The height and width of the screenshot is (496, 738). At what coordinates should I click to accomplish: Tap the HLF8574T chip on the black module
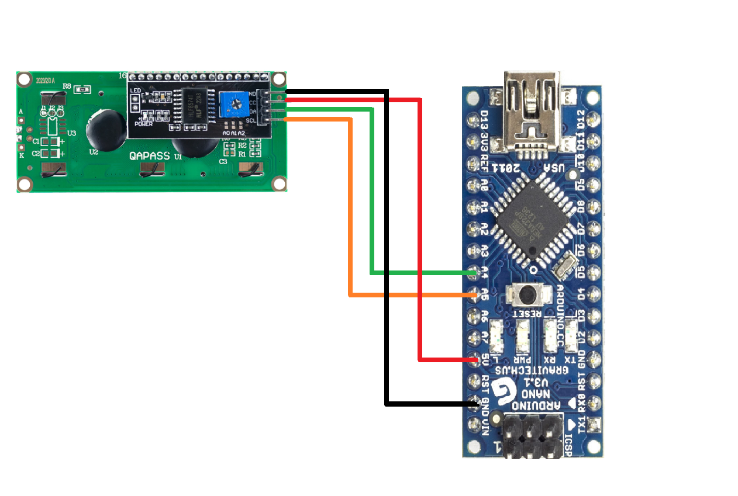pyautogui.click(x=192, y=105)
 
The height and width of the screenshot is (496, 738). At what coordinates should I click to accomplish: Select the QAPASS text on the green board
pyautogui.click(x=149, y=156)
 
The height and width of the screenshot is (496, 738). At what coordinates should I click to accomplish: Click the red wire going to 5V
pyautogui.click(x=420, y=234)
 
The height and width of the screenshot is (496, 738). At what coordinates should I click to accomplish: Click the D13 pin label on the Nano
pyautogui.click(x=484, y=119)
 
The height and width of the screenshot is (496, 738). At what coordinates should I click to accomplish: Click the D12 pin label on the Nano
pyautogui.click(x=581, y=119)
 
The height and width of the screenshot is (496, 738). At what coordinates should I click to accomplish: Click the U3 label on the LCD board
pyautogui.click(x=71, y=133)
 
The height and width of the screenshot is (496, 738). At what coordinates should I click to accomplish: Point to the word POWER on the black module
pyautogui.click(x=143, y=123)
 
